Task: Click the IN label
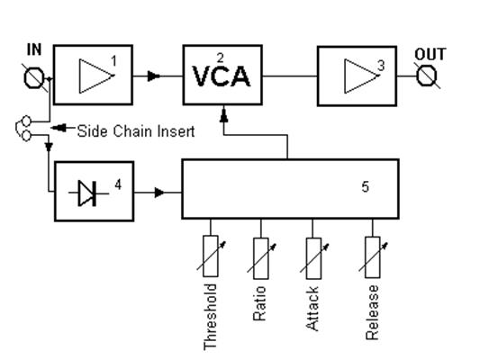[34, 49]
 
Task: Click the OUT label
[430, 54]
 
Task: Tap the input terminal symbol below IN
[34, 78]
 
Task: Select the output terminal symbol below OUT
[427, 76]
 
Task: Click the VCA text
[222, 76]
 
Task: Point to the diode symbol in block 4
[88, 193]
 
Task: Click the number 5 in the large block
[366, 186]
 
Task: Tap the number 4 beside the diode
[118, 184]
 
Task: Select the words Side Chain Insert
[136, 131]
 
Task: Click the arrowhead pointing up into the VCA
[224, 113]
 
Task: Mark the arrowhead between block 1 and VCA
[154, 76]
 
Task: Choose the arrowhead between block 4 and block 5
[159, 193]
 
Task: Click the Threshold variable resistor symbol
[211, 256]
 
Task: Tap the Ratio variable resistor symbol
[261, 258]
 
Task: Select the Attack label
[312, 309]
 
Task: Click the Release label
[372, 312]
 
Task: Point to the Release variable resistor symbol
[373, 256]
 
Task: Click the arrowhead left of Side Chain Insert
[59, 128]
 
